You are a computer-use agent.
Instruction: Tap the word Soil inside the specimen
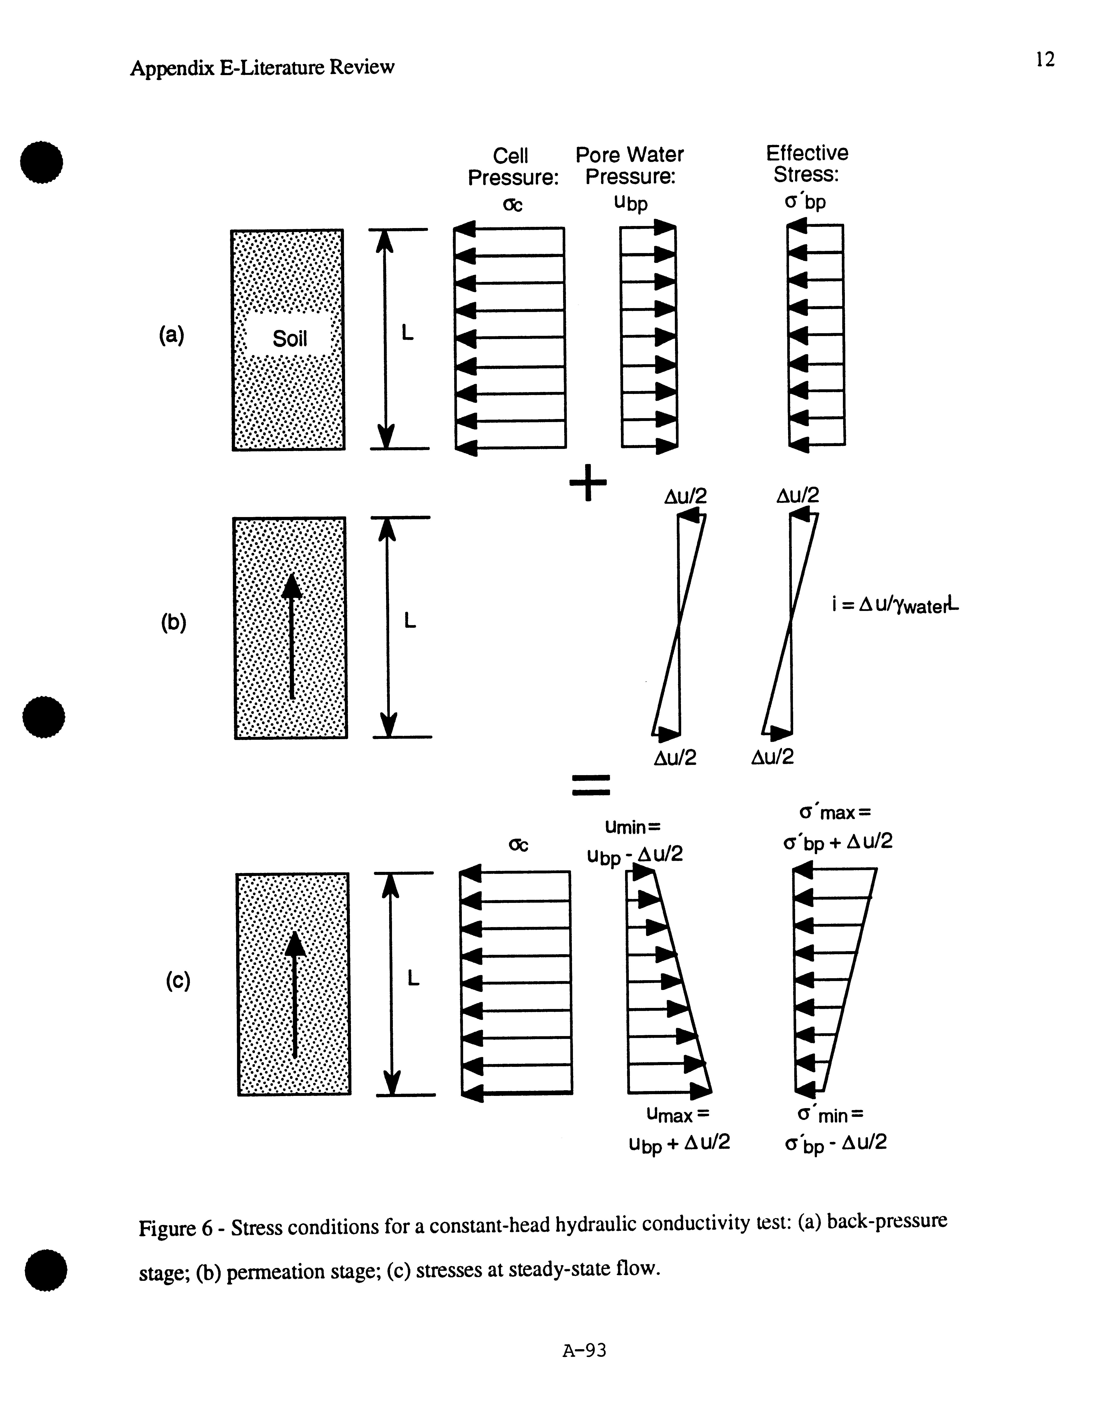pos(290,339)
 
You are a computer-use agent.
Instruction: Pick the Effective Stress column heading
pos(806,164)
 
